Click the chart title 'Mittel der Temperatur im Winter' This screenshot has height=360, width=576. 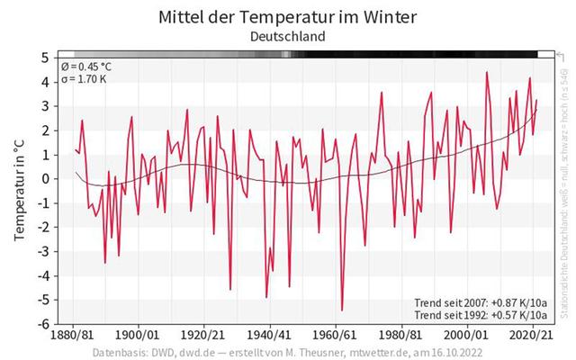pos(287,17)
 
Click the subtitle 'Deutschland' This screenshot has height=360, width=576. pos(287,37)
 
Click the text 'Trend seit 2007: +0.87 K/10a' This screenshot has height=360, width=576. pos(481,301)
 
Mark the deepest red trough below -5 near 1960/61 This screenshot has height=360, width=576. pos(342,310)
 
